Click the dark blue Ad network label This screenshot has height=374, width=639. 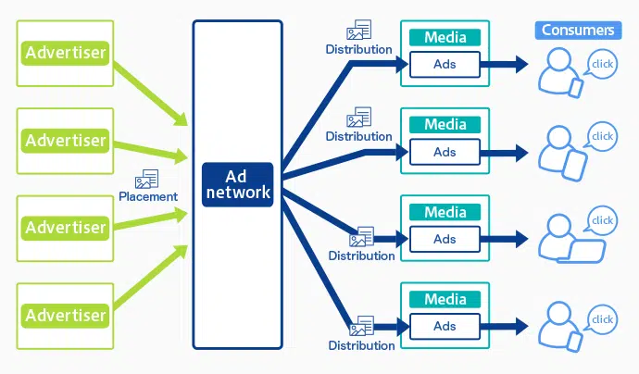point(237,184)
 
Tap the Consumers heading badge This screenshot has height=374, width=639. point(577,31)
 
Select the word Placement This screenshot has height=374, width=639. point(148,196)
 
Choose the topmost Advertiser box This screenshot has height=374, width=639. point(66,51)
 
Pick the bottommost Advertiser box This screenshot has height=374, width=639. point(66,316)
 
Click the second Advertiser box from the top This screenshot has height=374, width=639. point(66,141)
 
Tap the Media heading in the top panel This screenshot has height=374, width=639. point(445,38)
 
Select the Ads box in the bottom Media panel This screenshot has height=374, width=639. point(445,326)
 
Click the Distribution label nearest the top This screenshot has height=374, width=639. point(358,47)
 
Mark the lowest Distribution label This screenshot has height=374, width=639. point(361,345)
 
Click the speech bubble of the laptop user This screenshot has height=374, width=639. point(603,221)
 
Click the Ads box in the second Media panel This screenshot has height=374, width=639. point(445,152)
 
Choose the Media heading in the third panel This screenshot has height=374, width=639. point(445,213)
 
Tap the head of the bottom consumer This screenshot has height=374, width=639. point(556,312)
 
